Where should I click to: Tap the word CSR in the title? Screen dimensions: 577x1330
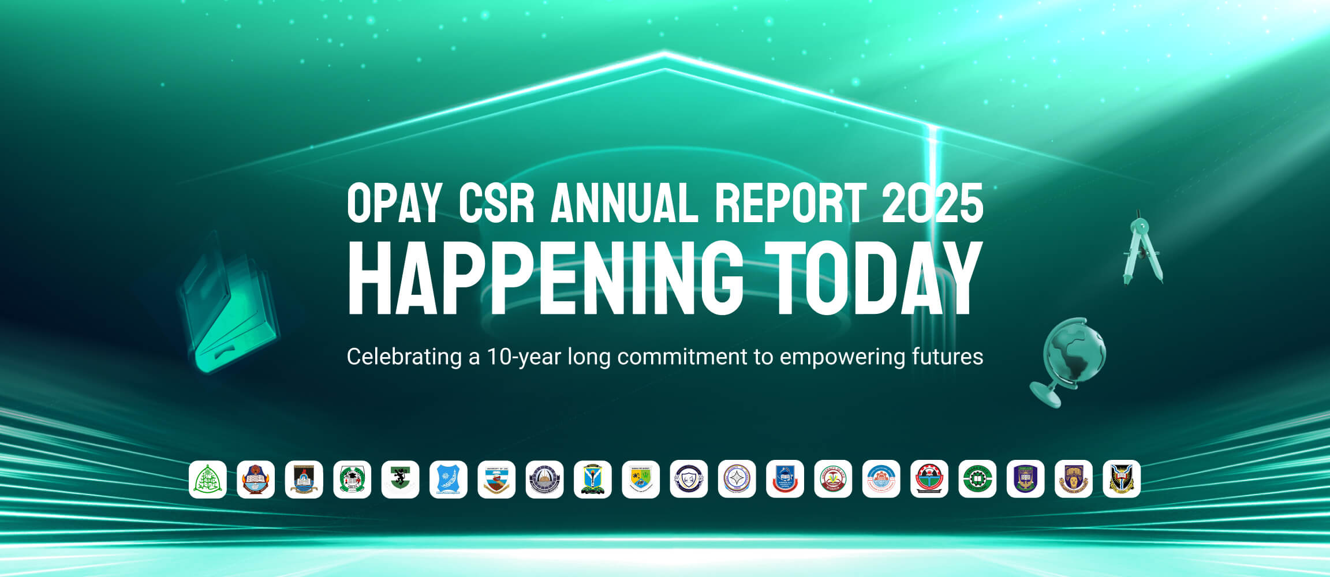(496, 203)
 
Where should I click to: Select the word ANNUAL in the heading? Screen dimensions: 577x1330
(625, 203)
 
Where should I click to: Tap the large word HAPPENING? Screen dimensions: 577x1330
(546, 279)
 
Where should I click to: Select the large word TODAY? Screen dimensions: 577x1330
(873, 279)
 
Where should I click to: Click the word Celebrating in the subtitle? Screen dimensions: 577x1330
(404, 357)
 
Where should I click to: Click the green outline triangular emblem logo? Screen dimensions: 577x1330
(208, 479)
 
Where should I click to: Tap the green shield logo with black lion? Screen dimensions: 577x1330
(400, 479)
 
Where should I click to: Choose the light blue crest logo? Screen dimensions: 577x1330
(449, 479)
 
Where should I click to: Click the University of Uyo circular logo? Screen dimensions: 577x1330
(833, 479)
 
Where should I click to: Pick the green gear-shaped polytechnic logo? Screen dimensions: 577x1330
(977, 479)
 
